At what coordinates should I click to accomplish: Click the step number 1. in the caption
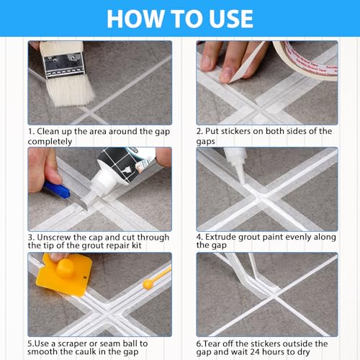(32, 132)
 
